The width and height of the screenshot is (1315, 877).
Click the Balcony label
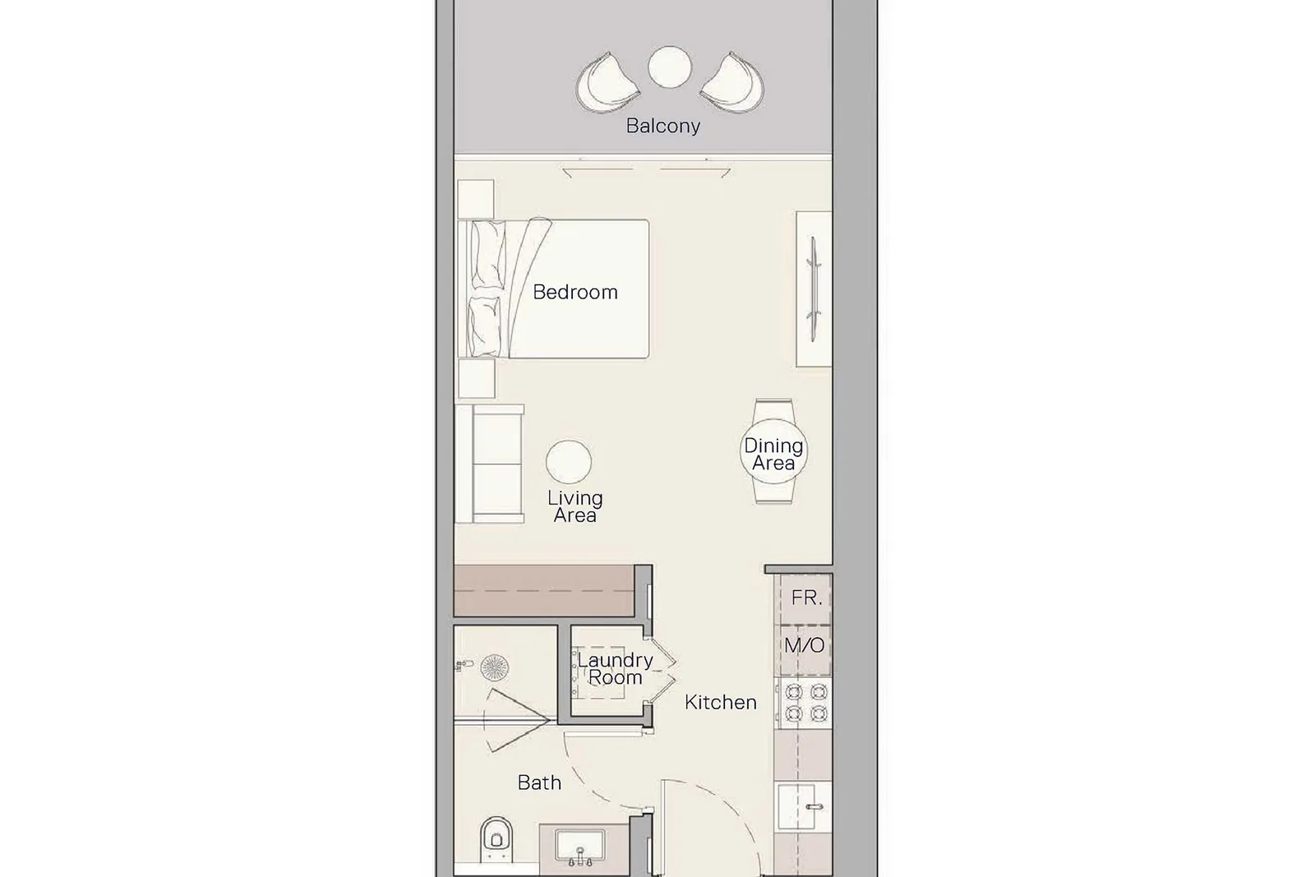tap(662, 127)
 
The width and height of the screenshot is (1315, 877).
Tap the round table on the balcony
tap(670, 67)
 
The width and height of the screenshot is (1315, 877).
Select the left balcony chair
tap(607, 82)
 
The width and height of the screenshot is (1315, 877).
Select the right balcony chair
tap(732, 82)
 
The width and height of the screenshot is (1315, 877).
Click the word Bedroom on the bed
tap(575, 292)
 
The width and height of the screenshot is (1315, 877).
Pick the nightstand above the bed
tap(476, 199)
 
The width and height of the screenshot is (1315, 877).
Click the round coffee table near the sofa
tap(568, 462)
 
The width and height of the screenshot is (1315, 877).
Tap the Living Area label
tap(575, 506)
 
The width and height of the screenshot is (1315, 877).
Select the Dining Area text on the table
tap(773, 455)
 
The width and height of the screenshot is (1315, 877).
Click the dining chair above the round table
tap(773, 410)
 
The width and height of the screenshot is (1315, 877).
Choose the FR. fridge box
tap(805, 598)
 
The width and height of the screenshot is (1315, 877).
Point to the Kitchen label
tap(720, 702)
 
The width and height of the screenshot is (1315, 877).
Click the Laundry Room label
tap(615, 668)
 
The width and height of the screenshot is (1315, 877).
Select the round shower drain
tap(494, 667)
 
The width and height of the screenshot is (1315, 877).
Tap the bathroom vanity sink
tap(580, 846)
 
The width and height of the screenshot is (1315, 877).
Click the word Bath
tap(539, 782)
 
